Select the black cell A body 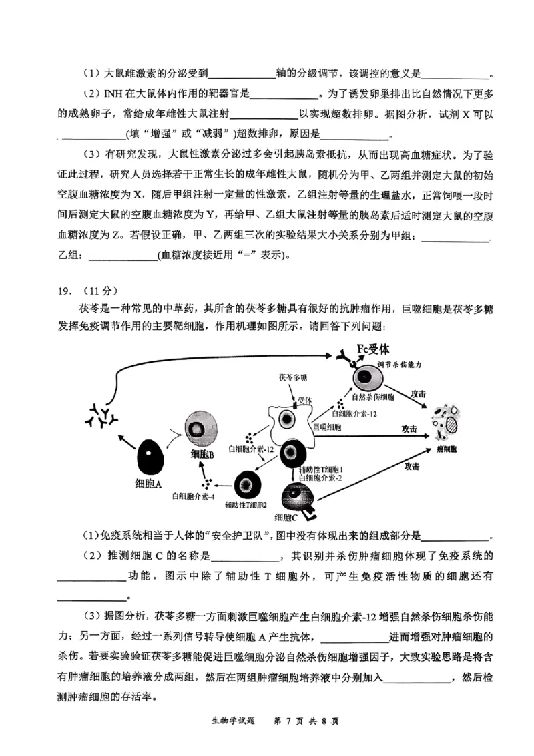151,457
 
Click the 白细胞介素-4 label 192,495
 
